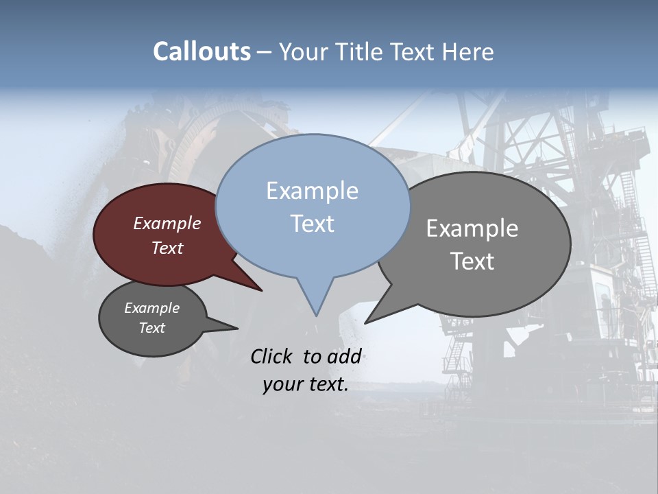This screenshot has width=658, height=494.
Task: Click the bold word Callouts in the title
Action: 202,51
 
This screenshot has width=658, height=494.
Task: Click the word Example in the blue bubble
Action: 312,191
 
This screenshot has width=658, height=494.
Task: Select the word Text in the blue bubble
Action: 313,224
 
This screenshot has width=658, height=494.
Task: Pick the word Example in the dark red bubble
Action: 167,224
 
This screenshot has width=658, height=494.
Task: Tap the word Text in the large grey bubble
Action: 472,261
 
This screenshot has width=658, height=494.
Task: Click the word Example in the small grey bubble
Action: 152,309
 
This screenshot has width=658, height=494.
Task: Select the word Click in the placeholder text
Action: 272,356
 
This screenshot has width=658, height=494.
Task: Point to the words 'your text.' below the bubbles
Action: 306,385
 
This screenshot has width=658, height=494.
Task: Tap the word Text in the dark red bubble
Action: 167,248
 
